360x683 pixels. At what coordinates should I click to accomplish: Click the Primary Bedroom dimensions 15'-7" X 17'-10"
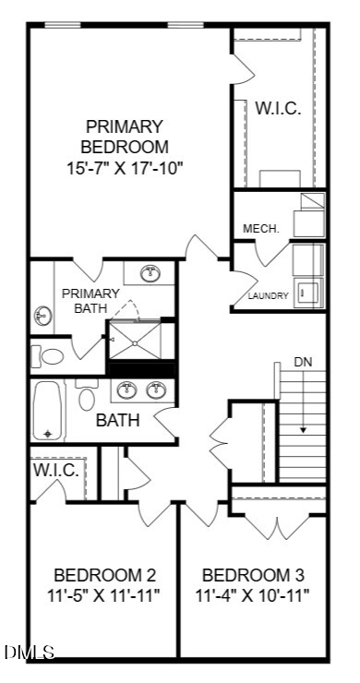pyautogui.click(x=124, y=168)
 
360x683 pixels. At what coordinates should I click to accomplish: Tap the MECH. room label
pyautogui.click(x=261, y=228)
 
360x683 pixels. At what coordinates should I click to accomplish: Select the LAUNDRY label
pyautogui.click(x=269, y=295)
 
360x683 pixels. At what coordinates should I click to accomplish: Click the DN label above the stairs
pyautogui.click(x=304, y=362)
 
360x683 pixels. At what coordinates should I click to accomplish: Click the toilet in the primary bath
pyautogui.click(x=47, y=357)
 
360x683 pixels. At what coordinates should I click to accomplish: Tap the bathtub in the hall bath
pyautogui.click(x=47, y=411)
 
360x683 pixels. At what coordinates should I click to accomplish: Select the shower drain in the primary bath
pyautogui.click(x=135, y=343)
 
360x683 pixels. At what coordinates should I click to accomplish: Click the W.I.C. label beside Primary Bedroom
pyautogui.click(x=278, y=109)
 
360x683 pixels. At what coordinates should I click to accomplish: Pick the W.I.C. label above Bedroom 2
pyautogui.click(x=56, y=471)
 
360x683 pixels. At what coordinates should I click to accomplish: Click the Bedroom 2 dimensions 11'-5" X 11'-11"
pyautogui.click(x=104, y=584)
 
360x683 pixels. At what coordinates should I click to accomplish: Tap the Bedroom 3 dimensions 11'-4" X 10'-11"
pyautogui.click(x=253, y=584)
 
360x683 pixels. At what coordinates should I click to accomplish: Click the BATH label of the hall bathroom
pyautogui.click(x=117, y=420)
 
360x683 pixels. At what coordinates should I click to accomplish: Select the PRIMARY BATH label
pyautogui.click(x=90, y=301)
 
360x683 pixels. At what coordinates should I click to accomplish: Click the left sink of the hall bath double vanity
pyautogui.click(x=127, y=389)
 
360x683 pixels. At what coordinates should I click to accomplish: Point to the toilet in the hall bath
pyautogui.click(x=87, y=395)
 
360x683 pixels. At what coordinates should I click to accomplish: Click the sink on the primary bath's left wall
pyautogui.click(x=43, y=316)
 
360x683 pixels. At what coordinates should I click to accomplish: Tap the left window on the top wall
pyautogui.click(x=63, y=25)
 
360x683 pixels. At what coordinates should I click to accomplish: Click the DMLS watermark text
pyautogui.click(x=30, y=652)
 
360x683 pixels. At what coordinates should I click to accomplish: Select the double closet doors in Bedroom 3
pyautogui.click(x=278, y=528)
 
